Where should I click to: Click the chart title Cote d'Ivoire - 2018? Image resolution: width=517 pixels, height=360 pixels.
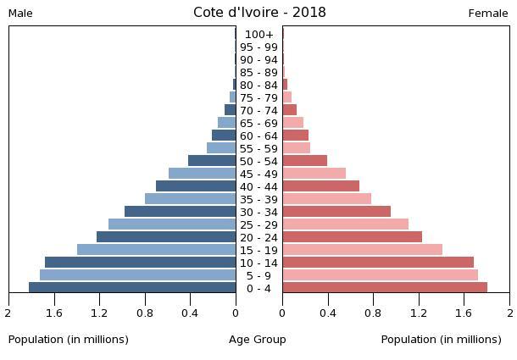coord(259,13)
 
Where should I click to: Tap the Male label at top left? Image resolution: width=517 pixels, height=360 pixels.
coord(20,14)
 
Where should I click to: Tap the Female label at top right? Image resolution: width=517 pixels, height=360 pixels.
coord(488,14)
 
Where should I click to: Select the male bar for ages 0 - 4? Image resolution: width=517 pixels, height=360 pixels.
coord(132,288)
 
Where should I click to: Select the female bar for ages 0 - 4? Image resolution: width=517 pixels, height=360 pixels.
coord(385,288)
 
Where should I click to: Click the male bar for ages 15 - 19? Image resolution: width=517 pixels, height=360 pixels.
coord(156,250)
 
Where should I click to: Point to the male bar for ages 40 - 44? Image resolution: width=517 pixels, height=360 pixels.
coord(196,186)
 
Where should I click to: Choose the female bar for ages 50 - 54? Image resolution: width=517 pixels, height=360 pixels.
coord(304,161)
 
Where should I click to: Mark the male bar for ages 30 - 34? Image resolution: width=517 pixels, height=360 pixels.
coord(180,212)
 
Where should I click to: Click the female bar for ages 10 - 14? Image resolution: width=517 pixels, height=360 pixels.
coord(378,263)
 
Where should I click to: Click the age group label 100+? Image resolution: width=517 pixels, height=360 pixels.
coord(258,35)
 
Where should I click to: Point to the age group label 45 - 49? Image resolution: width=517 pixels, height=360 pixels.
coord(258,174)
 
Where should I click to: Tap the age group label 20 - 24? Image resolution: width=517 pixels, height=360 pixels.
coord(258,238)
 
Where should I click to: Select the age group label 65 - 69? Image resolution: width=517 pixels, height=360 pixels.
coord(258,124)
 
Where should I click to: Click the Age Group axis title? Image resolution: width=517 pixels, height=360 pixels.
coord(258,340)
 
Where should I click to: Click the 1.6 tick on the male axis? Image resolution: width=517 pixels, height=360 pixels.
coord(54,313)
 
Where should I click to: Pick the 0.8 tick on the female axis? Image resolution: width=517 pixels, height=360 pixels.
coord(374,313)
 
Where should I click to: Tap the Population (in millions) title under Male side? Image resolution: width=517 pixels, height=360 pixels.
coord(69,340)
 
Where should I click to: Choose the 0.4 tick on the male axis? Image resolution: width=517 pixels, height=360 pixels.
coord(190,313)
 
